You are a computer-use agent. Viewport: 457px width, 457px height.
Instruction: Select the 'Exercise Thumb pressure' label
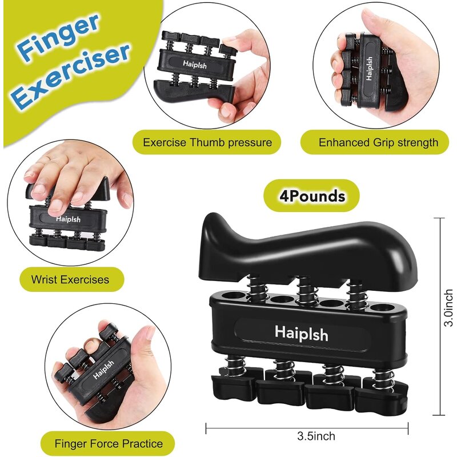click(x=207, y=142)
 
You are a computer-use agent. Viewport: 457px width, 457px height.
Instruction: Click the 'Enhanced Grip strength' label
click(x=378, y=142)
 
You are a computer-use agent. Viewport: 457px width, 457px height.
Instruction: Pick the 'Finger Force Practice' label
click(x=109, y=443)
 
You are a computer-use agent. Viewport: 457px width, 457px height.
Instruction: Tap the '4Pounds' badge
click(x=312, y=197)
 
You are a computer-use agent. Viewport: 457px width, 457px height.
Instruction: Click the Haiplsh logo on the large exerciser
click(x=301, y=332)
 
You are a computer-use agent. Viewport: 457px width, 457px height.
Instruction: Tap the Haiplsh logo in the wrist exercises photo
click(x=69, y=218)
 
